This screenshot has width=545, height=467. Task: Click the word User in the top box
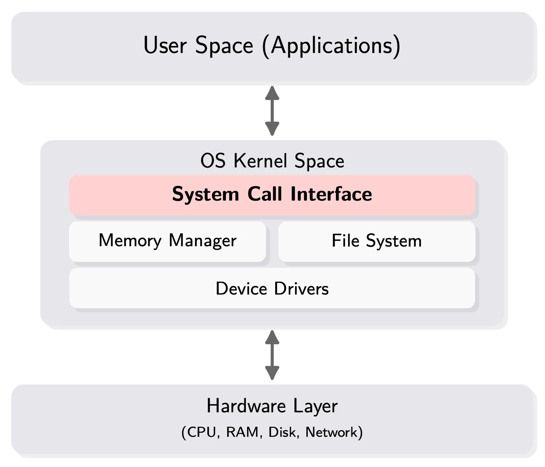coord(165,45)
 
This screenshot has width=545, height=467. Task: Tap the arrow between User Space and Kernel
coord(272,111)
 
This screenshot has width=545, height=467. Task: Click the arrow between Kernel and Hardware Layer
coord(272,355)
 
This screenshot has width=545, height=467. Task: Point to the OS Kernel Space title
coord(272,161)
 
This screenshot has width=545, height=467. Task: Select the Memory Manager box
coord(167,241)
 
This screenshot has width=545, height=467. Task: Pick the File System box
coord(377,241)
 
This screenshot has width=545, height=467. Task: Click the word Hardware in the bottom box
coord(246,406)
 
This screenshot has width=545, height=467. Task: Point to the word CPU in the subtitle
coord(201,432)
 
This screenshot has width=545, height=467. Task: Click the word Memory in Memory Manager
coord(130,241)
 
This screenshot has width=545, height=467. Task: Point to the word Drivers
coord(301,289)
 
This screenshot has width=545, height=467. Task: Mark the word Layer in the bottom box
coord(315,407)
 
